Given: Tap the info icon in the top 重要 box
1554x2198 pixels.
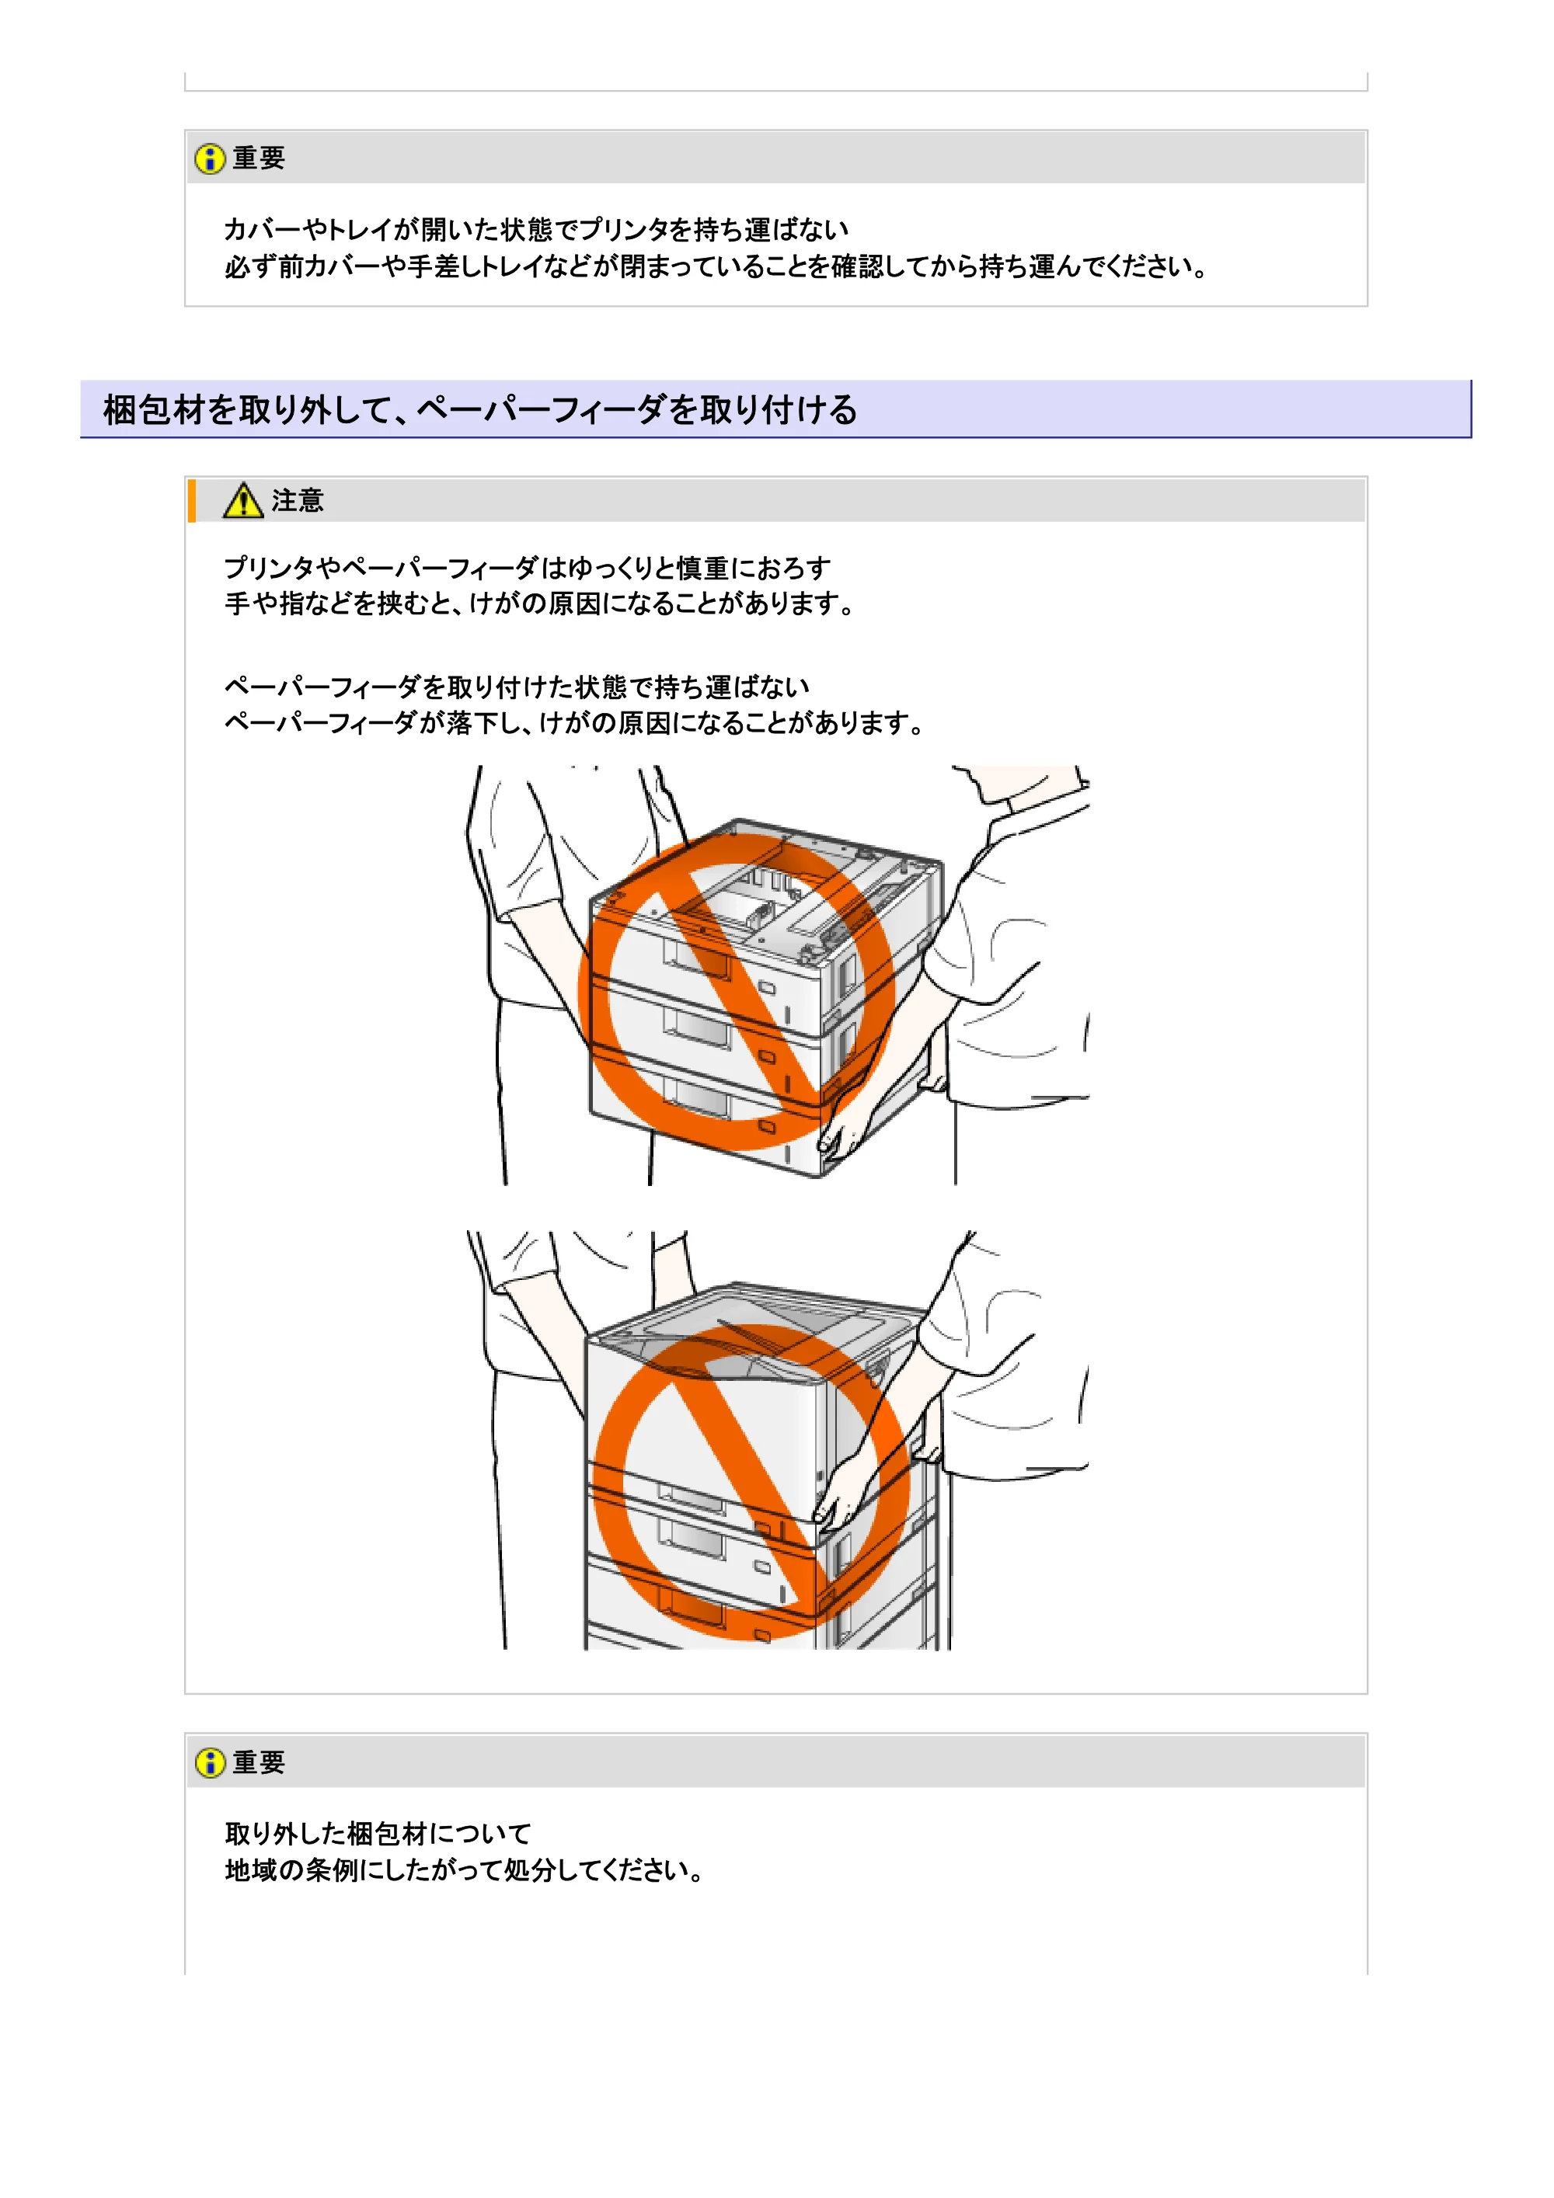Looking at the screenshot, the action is (x=210, y=158).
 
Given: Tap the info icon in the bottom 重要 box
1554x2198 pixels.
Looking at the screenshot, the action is (x=210, y=1762).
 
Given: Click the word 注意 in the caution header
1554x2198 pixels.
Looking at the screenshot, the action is (x=298, y=501).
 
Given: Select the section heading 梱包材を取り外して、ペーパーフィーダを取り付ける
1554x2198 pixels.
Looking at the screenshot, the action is (x=481, y=410).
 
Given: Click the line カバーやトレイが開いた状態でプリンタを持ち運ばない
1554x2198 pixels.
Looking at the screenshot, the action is (x=536, y=230).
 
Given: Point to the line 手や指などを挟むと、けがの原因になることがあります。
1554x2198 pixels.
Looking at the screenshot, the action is (x=540, y=604).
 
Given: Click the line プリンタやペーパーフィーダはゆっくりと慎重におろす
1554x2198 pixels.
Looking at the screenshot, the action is (x=528, y=568).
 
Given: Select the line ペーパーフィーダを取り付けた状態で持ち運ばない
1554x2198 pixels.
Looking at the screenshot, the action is (x=517, y=687).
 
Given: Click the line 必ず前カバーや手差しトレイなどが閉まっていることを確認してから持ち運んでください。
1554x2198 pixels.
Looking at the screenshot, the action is (x=716, y=266).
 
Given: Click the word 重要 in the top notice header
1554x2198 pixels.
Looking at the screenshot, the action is (x=260, y=158).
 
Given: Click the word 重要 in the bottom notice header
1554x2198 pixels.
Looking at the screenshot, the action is (x=260, y=1762).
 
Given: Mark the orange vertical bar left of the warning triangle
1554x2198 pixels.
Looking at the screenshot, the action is (x=191, y=501).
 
